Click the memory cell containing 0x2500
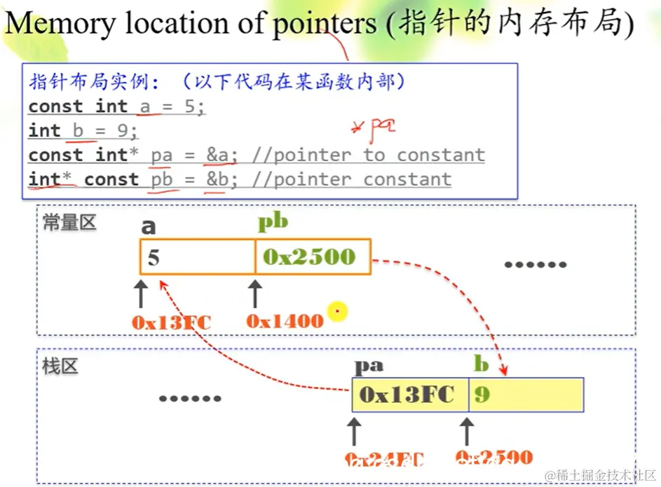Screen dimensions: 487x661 coord(313,256)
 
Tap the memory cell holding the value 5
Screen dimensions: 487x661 coord(197,256)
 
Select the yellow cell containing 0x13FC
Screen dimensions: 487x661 coord(410,395)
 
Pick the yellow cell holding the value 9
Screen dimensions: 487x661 coord(526,395)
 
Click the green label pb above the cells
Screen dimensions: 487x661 coord(273,223)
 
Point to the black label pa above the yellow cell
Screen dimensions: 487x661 coord(368,365)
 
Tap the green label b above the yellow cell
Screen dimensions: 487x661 coord(481,364)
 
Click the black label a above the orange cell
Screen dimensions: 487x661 coord(148,226)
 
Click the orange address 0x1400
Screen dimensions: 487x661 coord(285,321)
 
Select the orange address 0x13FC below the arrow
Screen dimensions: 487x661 coord(171,322)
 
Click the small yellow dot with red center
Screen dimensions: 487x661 coord(337,311)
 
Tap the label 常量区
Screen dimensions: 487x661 coord(69,223)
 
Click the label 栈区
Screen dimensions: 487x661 coord(60,366)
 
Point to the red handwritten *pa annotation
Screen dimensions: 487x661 coord(374,128)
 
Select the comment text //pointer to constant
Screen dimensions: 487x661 coord(369,155)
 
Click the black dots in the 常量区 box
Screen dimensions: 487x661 coord(536,265)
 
